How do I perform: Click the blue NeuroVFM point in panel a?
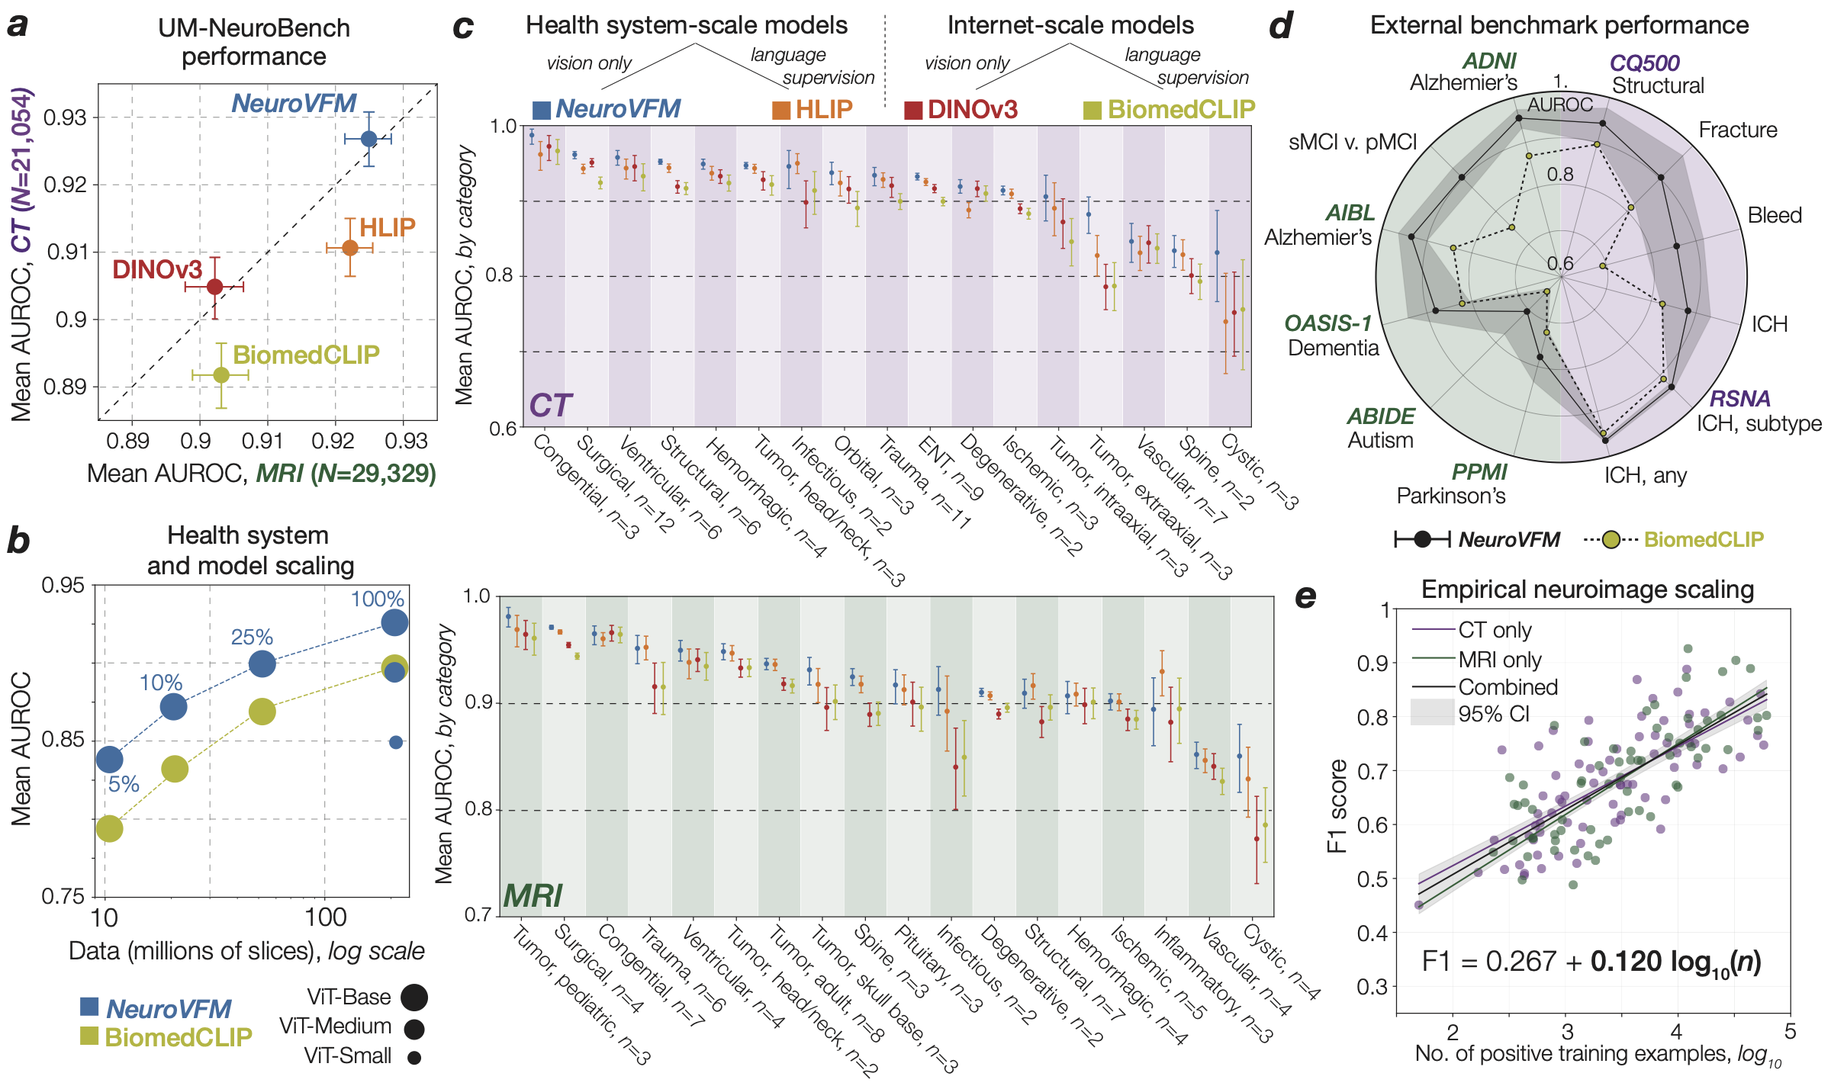tap(368, 139)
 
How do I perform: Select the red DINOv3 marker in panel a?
tap(215, 287)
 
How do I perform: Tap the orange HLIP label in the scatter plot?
tap(387, 227)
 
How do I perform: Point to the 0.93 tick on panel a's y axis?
tap(65, 117)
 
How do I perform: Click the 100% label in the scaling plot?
tap(377, 599)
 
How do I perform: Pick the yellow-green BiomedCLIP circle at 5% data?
tap(110, 828)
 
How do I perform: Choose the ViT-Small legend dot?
tap(414, 1058)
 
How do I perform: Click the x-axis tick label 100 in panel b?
tap(326, 917)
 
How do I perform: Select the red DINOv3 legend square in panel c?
tap(913, 110)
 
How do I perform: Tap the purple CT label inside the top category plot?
tap(550, 406)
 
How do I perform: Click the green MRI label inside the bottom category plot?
tap(533, 895)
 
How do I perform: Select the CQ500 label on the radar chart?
tap(1644, 63)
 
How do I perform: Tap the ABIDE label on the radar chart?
tap(1381, 416)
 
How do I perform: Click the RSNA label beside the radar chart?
tap(1739, 398)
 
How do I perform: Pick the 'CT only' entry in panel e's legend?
tap(1494, 630)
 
